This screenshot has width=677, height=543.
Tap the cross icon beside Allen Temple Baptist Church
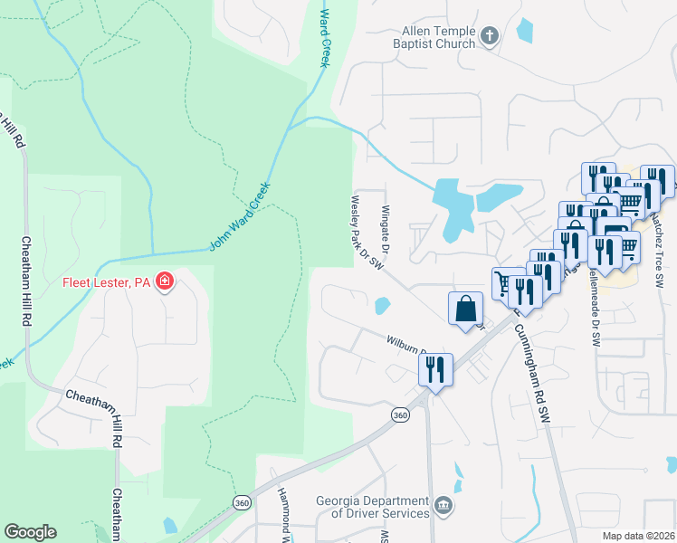(x=490, y=37)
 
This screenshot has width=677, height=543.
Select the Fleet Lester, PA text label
(x=106, y=282)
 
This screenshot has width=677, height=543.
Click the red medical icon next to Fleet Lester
(x=164, y=282)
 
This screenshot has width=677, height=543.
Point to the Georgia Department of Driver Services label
(x=372, y=507)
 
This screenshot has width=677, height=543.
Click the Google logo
(x=30, y=532)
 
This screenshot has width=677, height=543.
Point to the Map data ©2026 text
(x=637, y=536)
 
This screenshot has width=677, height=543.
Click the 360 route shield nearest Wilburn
(x=399, y=414)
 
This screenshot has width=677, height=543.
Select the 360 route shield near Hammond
(x=241, y=502)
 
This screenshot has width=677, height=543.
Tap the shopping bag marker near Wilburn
(x=465, y=309)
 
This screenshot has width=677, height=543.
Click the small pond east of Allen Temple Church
(x=525, y=30)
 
